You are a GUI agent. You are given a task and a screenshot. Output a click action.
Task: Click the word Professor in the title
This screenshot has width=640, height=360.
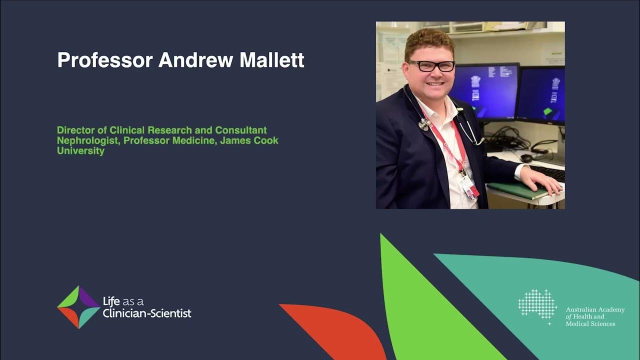[104, 60]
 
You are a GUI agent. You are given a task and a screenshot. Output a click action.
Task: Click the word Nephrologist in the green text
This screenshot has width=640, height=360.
[88, 140]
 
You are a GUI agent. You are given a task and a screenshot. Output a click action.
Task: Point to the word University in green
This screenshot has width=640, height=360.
[80, 150]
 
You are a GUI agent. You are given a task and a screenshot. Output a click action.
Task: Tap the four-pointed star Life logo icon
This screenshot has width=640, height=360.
[78, 307]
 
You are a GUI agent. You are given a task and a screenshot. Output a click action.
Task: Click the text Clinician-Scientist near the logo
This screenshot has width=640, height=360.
[147, 314]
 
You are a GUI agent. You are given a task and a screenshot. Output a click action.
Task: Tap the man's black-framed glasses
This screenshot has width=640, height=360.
[431, 65]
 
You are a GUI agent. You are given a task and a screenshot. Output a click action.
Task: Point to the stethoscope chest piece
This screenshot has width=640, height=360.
[424, 123]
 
